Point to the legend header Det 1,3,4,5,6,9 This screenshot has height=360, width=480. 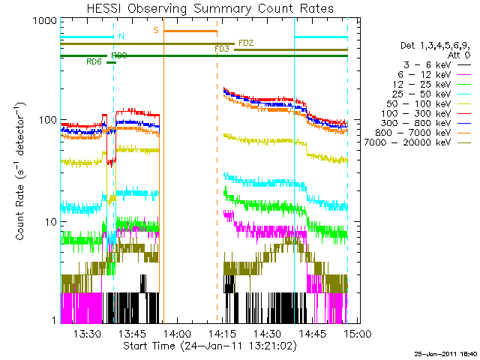tap(436, 46)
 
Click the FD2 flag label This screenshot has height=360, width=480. tap(246, 43)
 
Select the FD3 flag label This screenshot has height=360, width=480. tap(222, 49)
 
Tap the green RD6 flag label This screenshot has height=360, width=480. tap(94, 62)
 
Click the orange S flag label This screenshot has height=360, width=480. tap(156, 30)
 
